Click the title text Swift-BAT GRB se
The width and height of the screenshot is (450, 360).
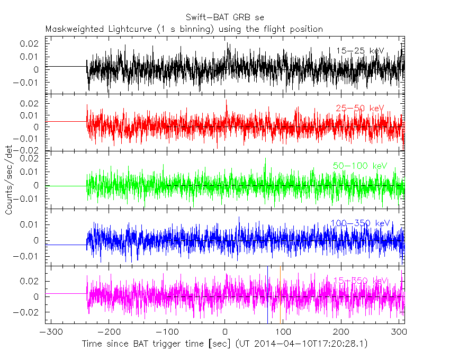(225, 17)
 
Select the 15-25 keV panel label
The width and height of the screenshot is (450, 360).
(360, 51)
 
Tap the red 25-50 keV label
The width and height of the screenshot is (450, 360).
(359, 109)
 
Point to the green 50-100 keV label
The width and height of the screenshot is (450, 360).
(360, 166)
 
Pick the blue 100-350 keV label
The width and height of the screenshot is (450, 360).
(360, 223)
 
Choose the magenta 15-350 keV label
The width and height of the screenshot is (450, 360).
(360, 281)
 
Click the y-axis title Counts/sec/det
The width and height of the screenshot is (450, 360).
(9, 181)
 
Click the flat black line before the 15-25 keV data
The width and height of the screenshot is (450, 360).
(66, 67)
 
